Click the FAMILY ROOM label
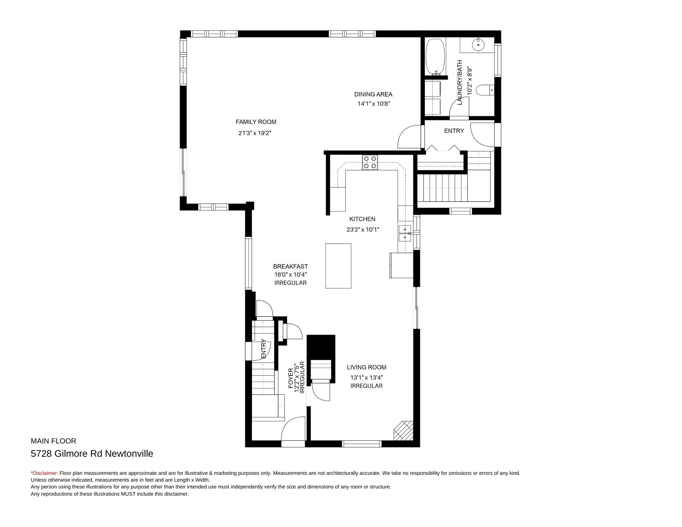click(256, 122)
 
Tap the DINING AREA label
click(373, 94)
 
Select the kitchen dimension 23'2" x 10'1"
click(363, 230)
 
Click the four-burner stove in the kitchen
click(370, 162)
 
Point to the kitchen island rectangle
click(338, 266)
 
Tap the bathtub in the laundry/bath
click(435, 57)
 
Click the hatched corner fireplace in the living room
click(403, 430)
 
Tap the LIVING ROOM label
click(367, 367)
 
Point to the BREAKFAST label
click(291, 266)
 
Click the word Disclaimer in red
click(45, 473)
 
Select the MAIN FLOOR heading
click(54, 441)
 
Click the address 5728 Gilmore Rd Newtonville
click(92, 454)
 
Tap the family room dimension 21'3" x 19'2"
click(255, 133)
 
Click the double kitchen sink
click(405, 233)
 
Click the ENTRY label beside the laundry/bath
click(454, 131)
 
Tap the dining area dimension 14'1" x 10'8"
click(374, 104)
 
